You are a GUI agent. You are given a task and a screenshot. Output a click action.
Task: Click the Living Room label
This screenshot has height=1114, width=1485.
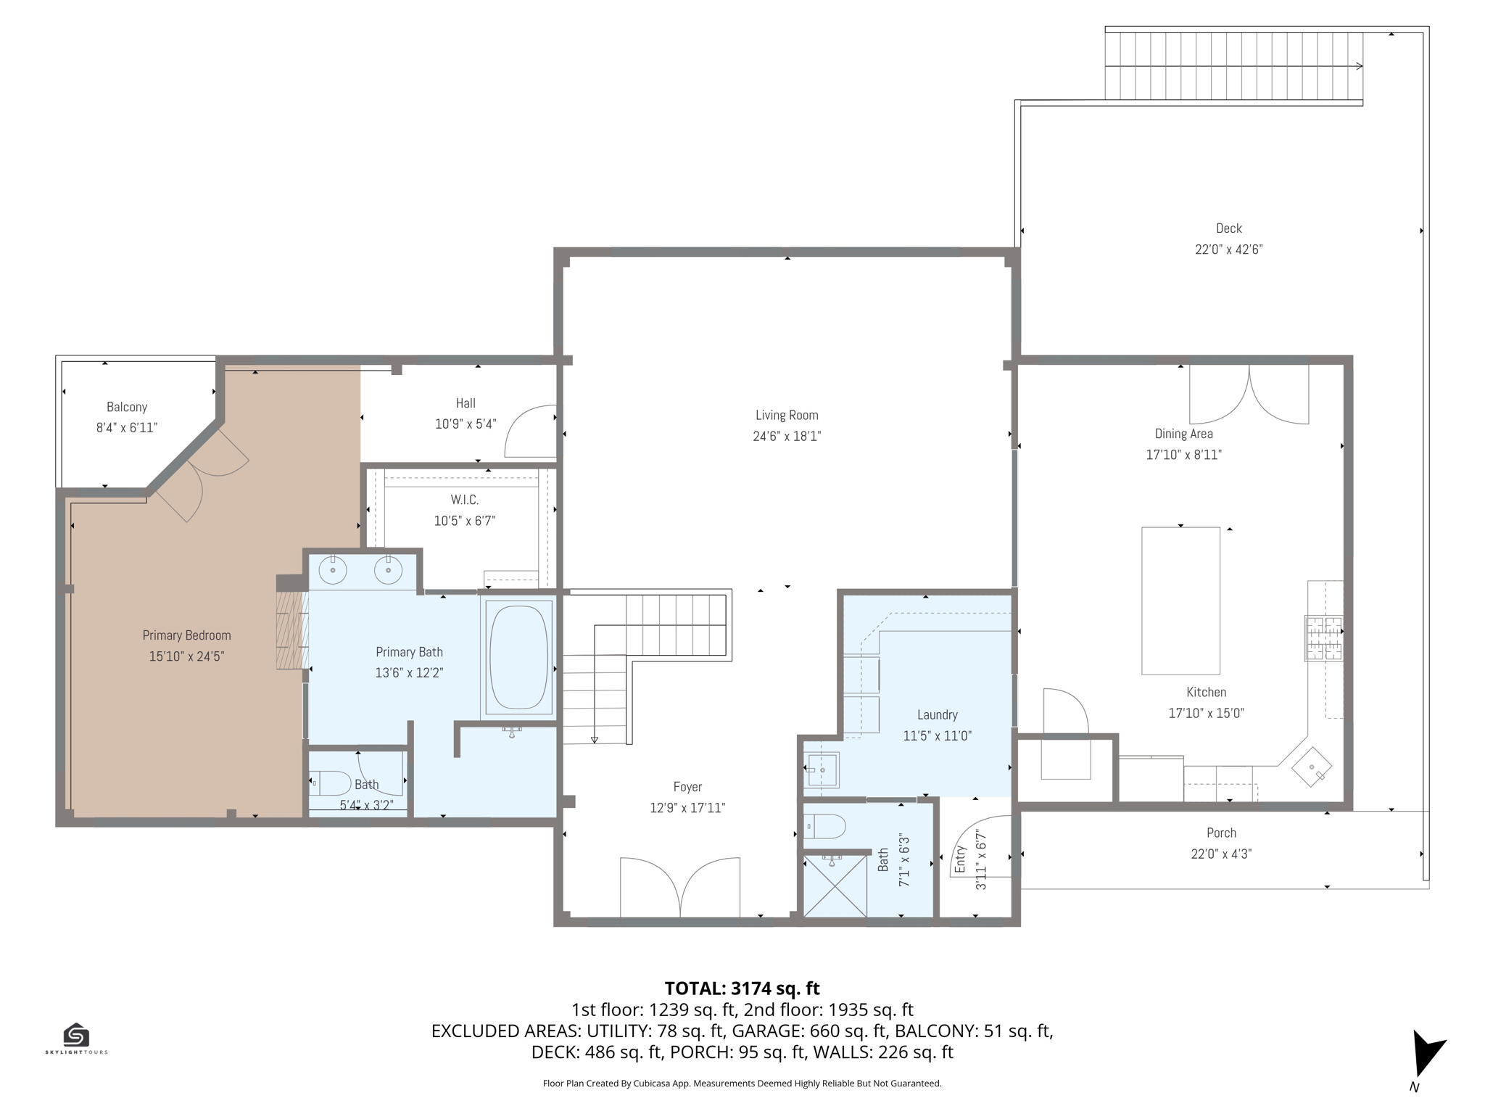pyautogui.click(x=787, y=416)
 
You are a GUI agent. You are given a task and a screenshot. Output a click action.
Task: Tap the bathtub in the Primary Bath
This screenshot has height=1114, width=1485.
pyautogui.click(x=518, y=656)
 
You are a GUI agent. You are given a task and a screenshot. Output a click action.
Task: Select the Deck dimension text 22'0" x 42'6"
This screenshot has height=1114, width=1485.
pyautogui.click(x=1229, y=249)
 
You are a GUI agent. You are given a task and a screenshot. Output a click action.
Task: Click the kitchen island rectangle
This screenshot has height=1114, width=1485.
pyautogui.click(x=1180, y=601)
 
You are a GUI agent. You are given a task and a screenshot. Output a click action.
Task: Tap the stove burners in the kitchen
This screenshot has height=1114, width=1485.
pyautogui.click(x=1324, y=638)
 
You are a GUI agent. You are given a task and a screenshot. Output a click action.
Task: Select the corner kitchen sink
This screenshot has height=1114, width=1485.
pyautogui.click(x=1312, y=767)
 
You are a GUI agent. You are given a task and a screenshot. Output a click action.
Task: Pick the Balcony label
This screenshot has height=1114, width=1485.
pyautogui.click(x=127, y=408)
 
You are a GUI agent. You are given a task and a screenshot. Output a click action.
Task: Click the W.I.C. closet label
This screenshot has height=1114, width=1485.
pyautogui.click(x=465, y=500)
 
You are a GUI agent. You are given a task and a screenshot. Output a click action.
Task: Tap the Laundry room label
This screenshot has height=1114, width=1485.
pyautogui.click(x=938, y=715)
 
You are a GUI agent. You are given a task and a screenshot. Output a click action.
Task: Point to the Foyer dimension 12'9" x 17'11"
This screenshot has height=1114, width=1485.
pyautogui.click(x=687, y=808)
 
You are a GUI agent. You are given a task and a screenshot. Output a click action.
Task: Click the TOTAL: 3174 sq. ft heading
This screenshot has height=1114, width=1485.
pyautogui.click(x=742, y=989)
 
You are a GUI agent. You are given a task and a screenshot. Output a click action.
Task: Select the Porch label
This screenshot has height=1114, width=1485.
pyautogui.click(x=1222, y=833)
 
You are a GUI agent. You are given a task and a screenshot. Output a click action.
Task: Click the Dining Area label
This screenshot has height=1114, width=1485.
pyautogui.click(x=1184, y=434)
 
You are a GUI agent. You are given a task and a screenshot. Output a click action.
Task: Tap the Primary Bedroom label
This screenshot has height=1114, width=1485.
pyautogui.click(x=187, y=636)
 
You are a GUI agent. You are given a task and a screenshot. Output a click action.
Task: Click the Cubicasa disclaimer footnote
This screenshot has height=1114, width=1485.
pyautogui.click(x=742, y=1084)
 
